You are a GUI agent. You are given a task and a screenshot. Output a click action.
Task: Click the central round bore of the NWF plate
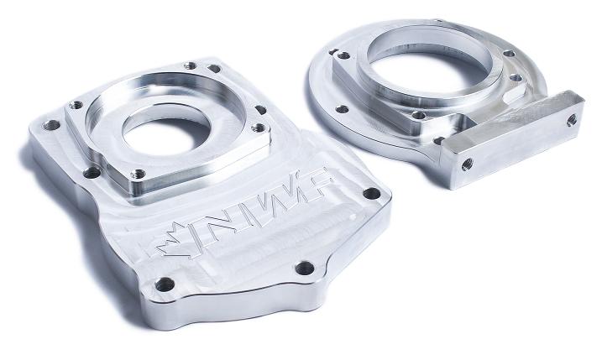click(x=166, y=132)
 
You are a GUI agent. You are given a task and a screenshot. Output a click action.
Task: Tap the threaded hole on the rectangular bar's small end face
click(x=571, y=120)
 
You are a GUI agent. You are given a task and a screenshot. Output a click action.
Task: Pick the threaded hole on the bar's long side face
click(x=467, y=164)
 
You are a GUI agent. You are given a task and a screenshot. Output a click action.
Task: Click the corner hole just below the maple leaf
click(x=165, y=284)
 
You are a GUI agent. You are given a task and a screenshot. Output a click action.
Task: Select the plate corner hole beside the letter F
click(x=372, y=193)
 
